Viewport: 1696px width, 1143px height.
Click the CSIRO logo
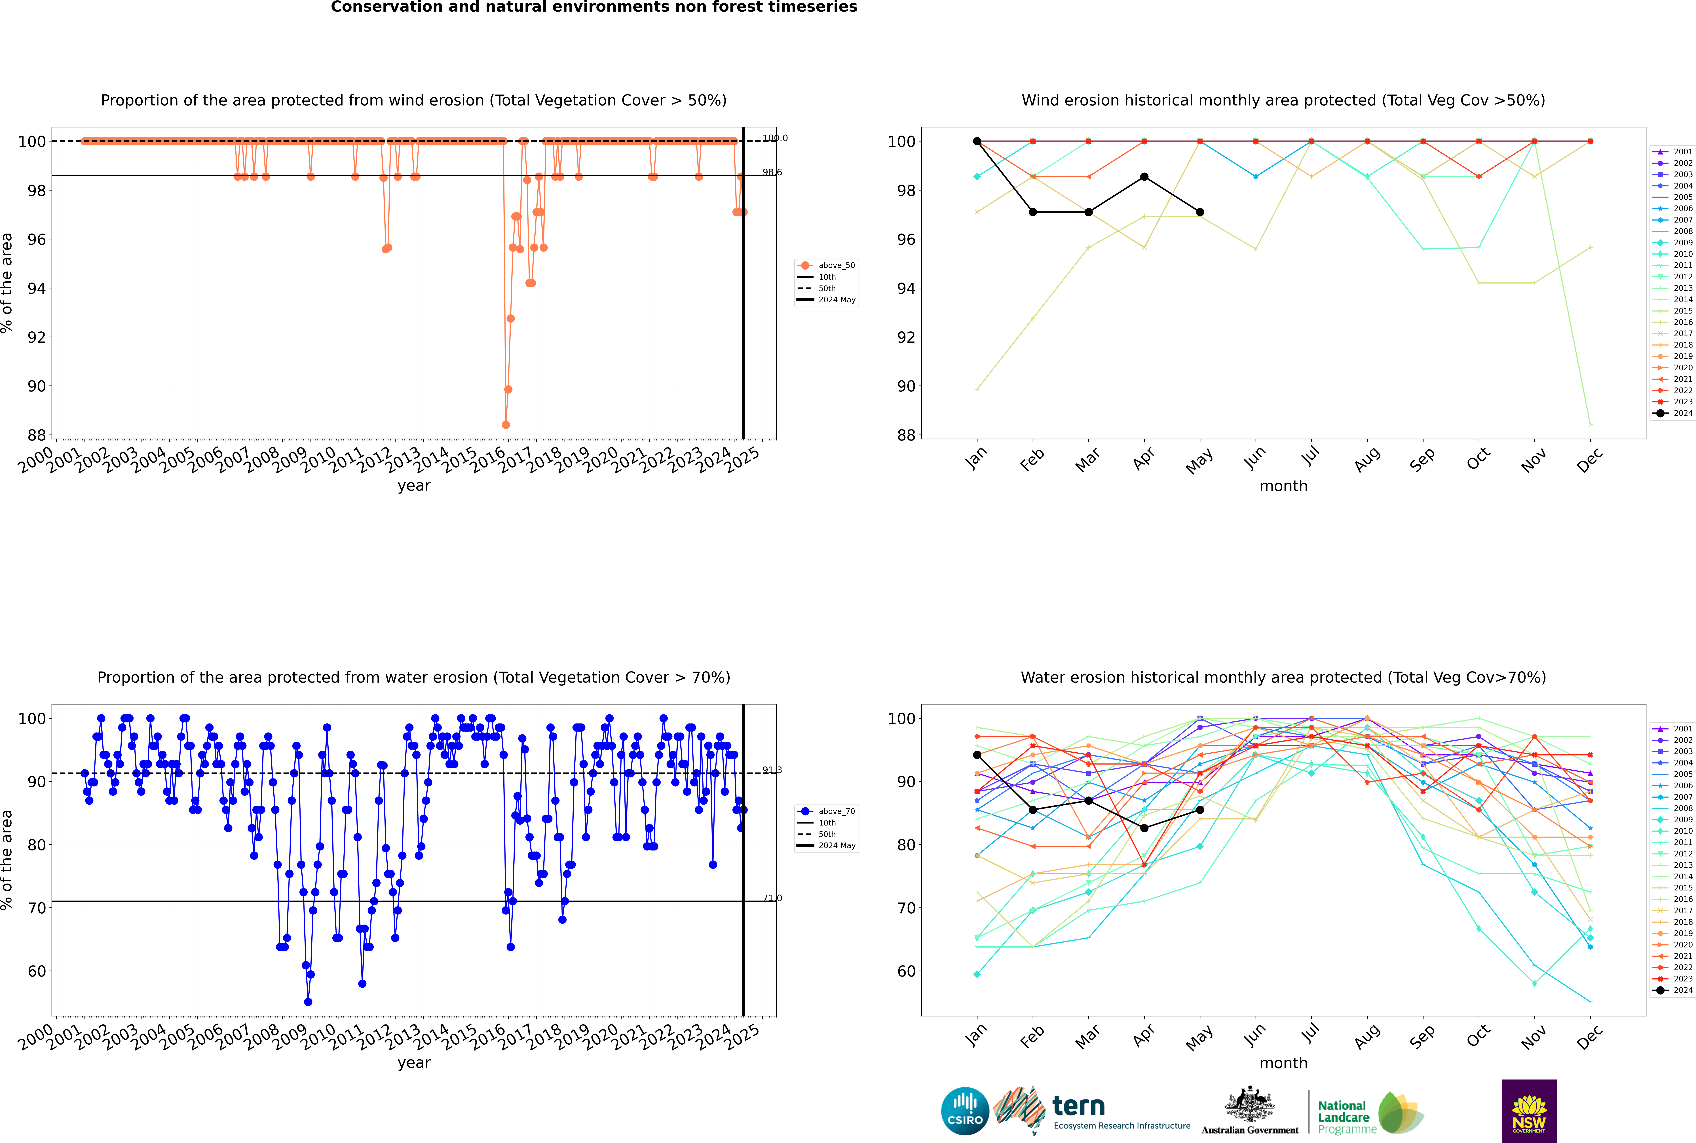point(965,1112)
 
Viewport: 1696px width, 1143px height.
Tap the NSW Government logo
point(1529,1110)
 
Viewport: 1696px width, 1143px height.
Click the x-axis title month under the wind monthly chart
point(1283,486)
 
